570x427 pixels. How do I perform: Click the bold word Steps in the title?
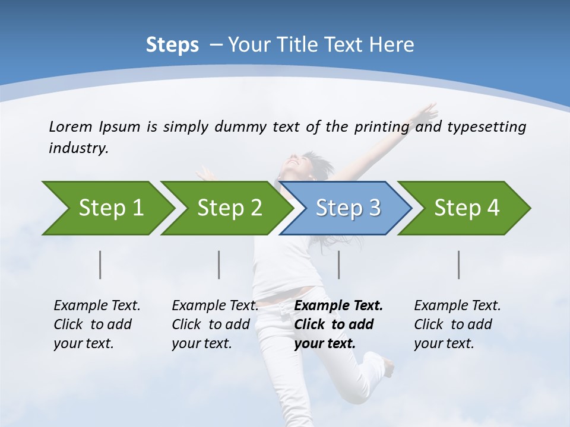click(x=172, y=45)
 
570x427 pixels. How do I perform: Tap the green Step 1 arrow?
click(x=110, y=208)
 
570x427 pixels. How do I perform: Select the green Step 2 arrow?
click(x=229, y=208)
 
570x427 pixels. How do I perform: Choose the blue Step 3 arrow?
click(x=347, y=208)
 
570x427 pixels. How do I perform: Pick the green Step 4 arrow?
click(x=466, y=208)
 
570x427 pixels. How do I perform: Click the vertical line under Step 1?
click(x=100, y=265)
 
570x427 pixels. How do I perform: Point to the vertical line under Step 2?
click(x=219, y=265)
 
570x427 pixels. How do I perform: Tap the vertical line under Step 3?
click(x=339, y=265)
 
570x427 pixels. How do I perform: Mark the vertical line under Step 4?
click(x=459, y=265)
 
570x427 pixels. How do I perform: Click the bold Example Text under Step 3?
click(x=338, y=306)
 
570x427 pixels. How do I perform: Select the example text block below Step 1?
click(x=97, y=324)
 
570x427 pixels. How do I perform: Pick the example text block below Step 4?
click(x=457, y=324)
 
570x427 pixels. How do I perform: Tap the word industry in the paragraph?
click(x=78, y=148)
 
